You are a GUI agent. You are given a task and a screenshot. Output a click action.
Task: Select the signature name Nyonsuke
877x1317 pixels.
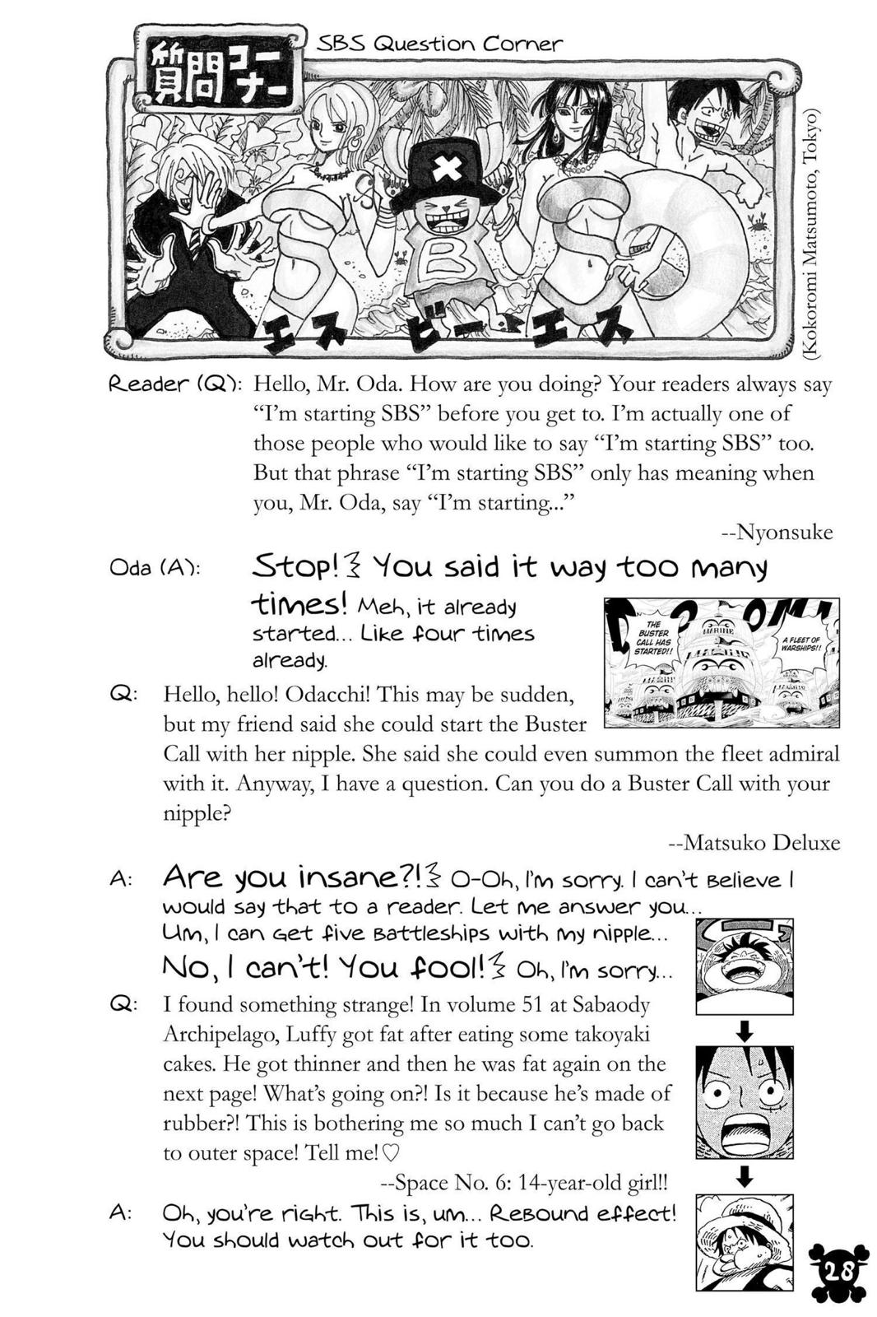point(782,533)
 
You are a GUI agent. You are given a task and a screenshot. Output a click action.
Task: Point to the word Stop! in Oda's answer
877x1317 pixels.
point(296,567)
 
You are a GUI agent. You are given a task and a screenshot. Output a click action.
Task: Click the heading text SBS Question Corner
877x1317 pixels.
point(439,44)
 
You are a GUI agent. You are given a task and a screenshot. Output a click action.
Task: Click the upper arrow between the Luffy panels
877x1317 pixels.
point(744,1031)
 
